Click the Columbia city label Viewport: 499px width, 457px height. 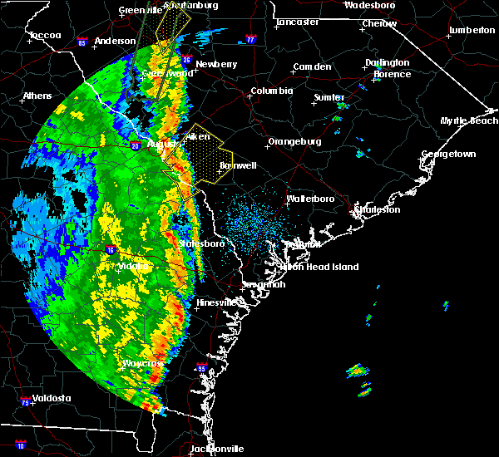(x=272, y=91)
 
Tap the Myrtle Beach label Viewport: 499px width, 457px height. (x=469, y=121)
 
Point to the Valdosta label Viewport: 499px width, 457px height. (x=52, y=398)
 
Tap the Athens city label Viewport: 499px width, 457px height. (x=37, y=96)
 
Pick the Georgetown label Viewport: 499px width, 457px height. (x=448, y=155)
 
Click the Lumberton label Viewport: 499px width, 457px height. (x=472, y=30)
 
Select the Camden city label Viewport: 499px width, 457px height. (x=313, y=66)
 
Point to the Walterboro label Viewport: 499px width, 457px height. (x=309, y=199)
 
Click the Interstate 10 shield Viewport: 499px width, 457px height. (x=20, y=446)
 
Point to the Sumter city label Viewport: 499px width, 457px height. (x=329, y=97)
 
